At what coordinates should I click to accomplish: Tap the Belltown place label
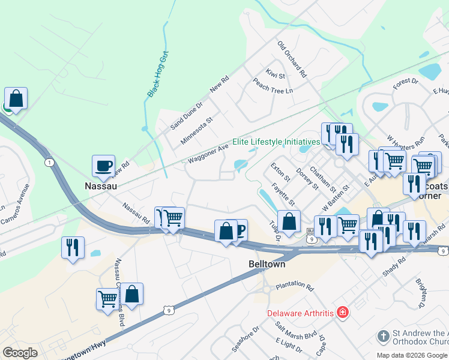click(267, 264)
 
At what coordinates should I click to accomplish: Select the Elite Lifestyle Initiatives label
click(276, 142)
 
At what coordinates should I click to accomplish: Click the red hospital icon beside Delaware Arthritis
click(342, 313)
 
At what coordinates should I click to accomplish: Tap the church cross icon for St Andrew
click(384, 335)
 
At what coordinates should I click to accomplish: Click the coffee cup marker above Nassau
click(103, 165)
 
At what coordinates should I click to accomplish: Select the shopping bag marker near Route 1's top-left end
click(16, 98)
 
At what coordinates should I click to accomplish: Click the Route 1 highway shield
click(48, 162)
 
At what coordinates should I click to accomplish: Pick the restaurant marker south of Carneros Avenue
click(73, 247)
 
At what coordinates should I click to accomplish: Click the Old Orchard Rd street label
click(292, 59)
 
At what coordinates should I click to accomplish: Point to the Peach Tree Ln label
click(273, 86)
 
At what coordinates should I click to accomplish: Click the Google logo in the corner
click(20, 353)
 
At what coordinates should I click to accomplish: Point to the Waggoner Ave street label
click(208, 154)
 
